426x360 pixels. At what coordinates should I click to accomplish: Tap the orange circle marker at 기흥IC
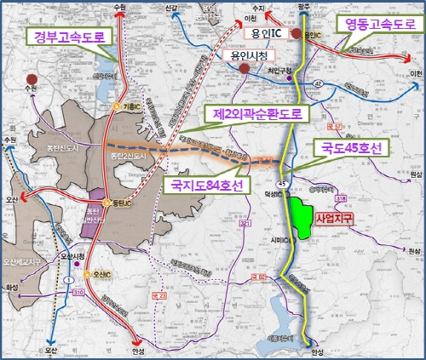116,106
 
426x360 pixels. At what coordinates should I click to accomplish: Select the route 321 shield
245,223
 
